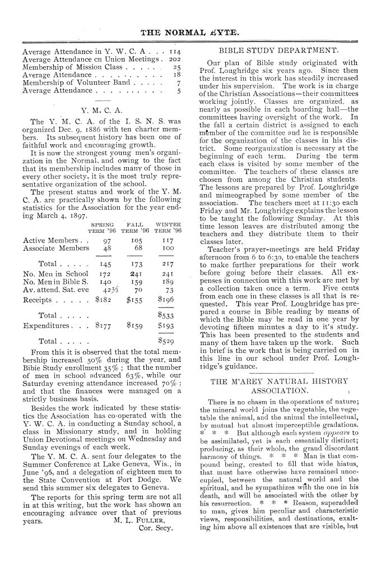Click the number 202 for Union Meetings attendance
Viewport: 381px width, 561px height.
[x=176, y=59]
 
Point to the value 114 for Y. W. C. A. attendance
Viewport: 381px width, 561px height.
[x=176, y=50]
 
